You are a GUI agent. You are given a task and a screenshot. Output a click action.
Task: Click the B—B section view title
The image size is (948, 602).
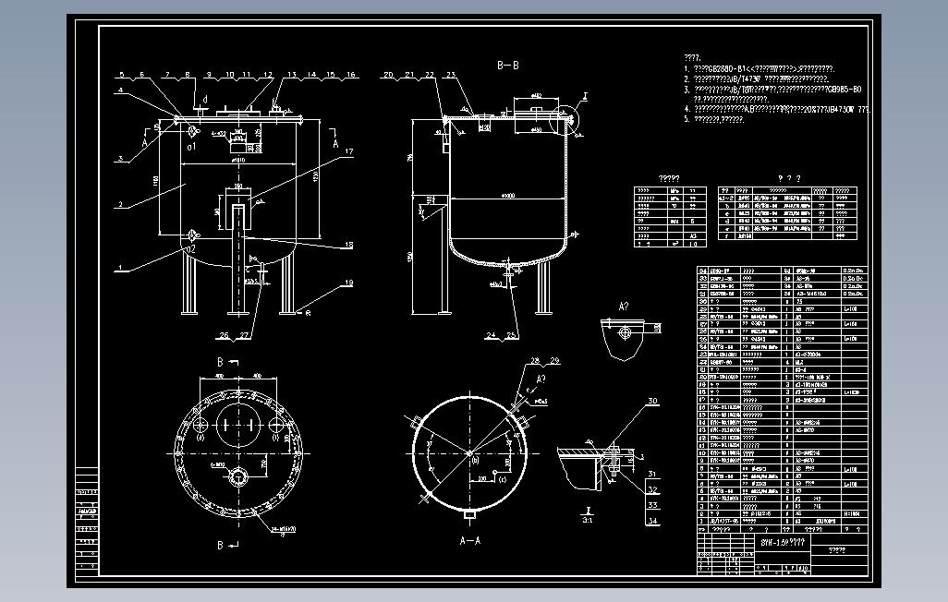tap(507, 66)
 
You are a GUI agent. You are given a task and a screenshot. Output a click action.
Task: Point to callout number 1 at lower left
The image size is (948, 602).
tap(119, 268)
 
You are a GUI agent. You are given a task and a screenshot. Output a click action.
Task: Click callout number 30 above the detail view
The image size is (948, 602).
tap(653, 402)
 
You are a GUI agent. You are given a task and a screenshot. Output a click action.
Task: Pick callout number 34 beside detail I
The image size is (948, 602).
tap(652, 522)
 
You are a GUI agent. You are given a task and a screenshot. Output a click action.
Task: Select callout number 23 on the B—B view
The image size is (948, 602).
tap(450, 74)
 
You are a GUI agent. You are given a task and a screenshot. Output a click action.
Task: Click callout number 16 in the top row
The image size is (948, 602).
tap(351, 74)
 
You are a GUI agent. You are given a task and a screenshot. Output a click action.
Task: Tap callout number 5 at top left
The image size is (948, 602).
tap(121, 74)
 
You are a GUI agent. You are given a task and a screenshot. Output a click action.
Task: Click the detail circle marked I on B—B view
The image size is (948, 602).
tap(565, 118)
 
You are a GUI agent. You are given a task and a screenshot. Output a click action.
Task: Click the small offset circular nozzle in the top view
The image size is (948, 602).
tap(239, 477)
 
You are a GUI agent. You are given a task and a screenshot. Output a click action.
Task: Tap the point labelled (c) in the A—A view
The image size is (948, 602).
tap(503, 478)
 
